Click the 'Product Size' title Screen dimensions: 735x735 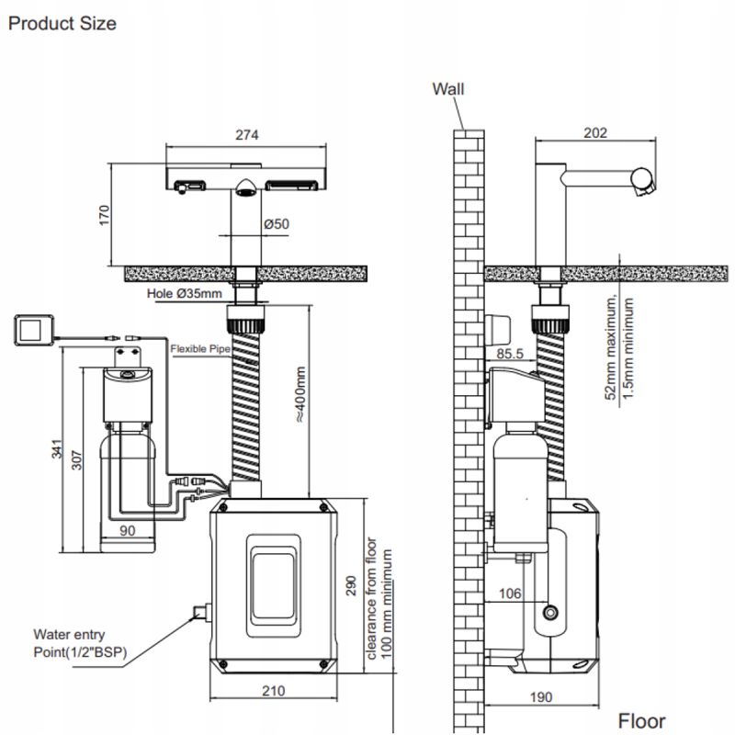62,24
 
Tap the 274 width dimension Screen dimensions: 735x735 246,135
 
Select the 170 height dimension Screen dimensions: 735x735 104,215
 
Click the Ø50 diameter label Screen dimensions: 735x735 277,224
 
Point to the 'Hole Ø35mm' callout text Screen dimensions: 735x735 185,294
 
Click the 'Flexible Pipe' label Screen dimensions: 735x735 200,349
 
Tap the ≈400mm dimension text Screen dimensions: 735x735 300,394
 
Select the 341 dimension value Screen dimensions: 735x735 57,448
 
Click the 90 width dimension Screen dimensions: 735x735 127,530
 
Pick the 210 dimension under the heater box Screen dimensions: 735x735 273,691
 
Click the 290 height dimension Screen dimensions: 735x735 351,585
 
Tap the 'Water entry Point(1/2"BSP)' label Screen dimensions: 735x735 80,643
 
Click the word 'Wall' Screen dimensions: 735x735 448,89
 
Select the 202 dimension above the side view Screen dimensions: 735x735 595,133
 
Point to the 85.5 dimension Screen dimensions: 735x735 510,354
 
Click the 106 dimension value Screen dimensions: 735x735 510,594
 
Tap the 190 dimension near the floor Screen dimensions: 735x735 541,697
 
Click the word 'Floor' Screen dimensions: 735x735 641,721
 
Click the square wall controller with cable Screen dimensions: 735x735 34,330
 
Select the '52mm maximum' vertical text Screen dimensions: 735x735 610,348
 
